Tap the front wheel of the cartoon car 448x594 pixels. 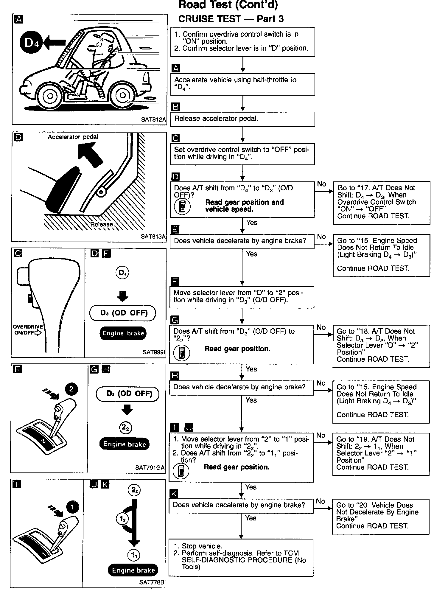click(x=50, y=96)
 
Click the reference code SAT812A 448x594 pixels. click(x=153, y=120)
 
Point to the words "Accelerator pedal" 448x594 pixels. click(x=73, y=137)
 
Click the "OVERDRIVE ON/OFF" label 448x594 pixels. click(x=27, y=330)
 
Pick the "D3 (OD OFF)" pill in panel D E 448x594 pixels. click(x=123, y=313)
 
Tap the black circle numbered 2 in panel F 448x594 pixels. click(x=71, y=389)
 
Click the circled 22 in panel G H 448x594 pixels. click(x=126, y=428)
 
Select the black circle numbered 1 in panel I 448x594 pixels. click(x=72, y=507)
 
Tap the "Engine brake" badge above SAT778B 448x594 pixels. click(x=133, y=570)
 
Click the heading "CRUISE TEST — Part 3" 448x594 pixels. click(x=231, y=19)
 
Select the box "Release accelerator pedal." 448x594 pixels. click(x=242, y=119)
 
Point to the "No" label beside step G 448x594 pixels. click(x=321, y=327)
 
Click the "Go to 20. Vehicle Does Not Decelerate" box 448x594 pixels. click(x=380, y=516)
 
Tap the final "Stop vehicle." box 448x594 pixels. click(x=241, y=557)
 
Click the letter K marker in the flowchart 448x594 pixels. click(x=174, y=493)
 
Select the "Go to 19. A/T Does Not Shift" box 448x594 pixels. click(x=381, y=454)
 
